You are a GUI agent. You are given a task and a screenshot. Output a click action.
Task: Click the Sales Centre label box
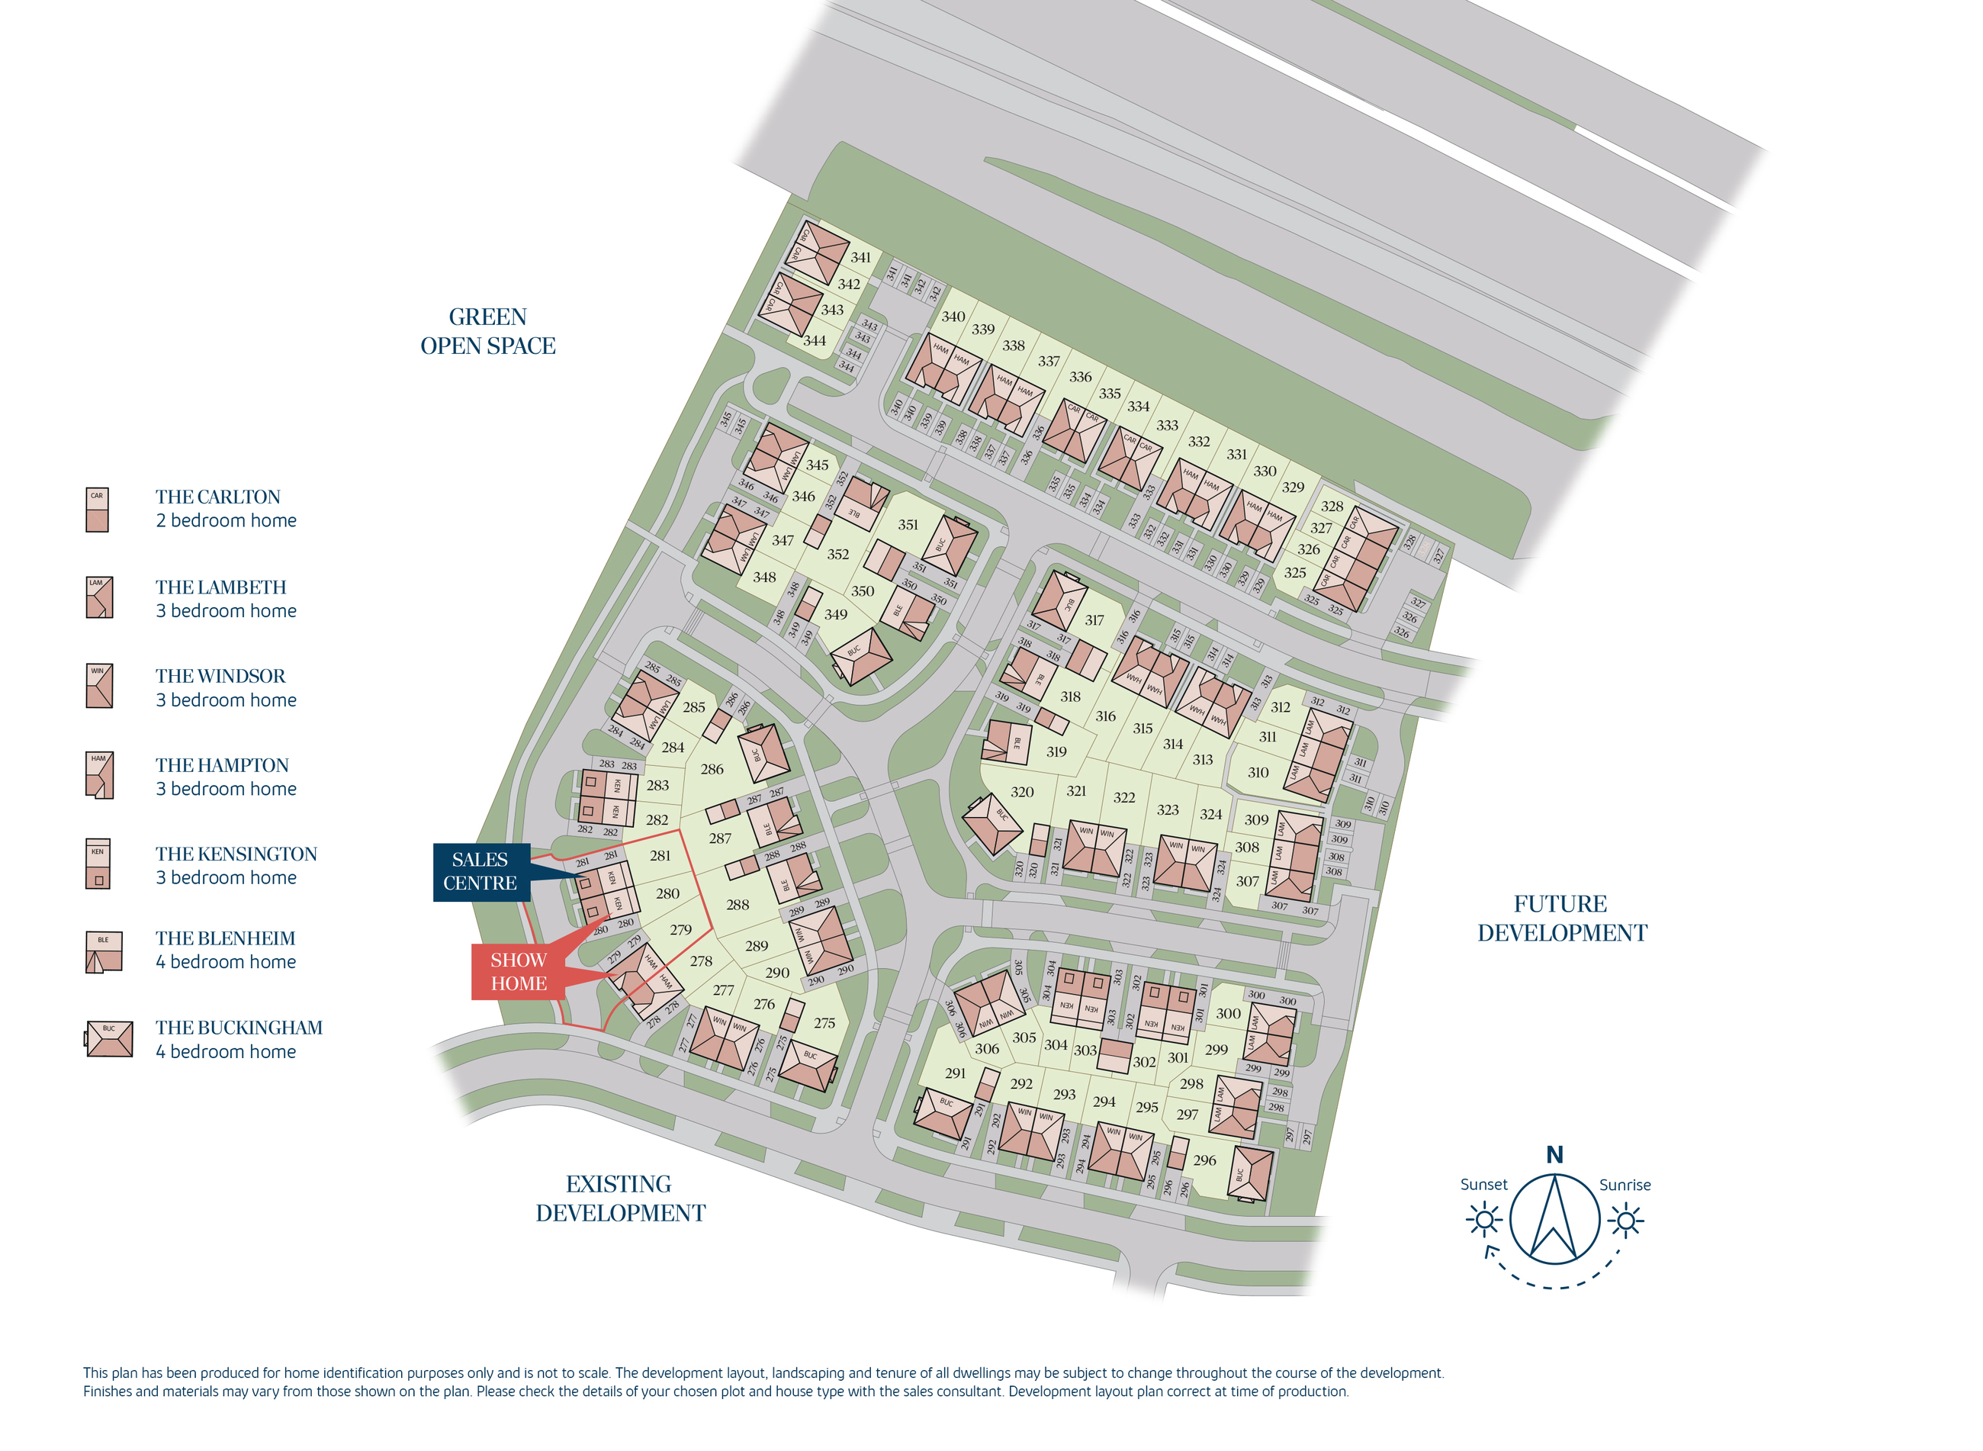(480, 871)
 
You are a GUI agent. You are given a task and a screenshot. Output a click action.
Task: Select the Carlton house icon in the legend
(98, 510)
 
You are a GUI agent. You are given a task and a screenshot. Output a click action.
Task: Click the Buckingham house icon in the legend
(110, 1039)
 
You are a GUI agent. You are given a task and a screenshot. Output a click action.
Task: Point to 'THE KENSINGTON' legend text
(236, 854)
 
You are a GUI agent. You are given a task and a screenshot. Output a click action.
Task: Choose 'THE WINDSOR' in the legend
(220, 677)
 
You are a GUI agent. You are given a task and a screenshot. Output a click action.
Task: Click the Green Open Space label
(487, 331)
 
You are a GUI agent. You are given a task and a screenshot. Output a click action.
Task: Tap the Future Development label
(1561, 918)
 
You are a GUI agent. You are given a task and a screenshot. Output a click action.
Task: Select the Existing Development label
(620, 1198)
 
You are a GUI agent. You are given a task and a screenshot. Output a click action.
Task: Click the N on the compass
(1554, 1155)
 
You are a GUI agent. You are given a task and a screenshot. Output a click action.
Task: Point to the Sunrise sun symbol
(1627, 1221)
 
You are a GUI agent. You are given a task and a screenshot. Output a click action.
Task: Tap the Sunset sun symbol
(1485, 1221)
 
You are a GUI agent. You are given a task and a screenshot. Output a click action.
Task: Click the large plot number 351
(908, 524)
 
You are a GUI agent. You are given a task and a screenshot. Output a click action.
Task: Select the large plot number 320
(1022, 791)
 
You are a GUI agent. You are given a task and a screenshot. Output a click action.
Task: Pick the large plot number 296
(1205, 1160)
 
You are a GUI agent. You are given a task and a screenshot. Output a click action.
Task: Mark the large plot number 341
(860, 257)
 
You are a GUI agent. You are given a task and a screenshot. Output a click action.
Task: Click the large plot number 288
(738, 904)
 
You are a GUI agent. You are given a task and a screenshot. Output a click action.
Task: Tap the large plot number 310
(1258, 772)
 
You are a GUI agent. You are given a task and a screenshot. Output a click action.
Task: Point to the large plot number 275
(824, 1022)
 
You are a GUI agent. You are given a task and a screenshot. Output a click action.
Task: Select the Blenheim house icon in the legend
(104, 952)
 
